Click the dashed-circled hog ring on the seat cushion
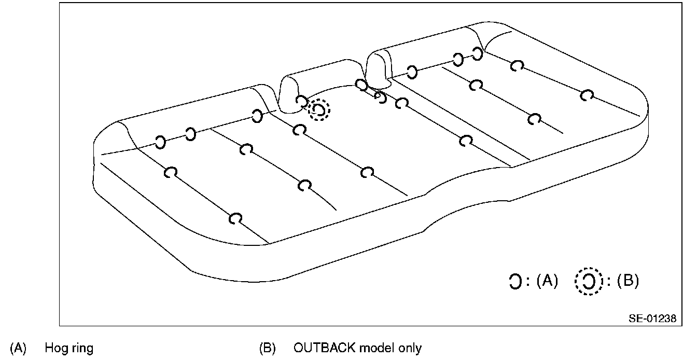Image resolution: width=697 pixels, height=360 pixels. [x=319, y=110]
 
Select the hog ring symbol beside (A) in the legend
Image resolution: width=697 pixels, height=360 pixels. [x=515, y=282]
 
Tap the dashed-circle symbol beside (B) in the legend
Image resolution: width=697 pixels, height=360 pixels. [x=589, y=282]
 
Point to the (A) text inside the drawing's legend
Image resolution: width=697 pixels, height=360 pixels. [x=547, y=282]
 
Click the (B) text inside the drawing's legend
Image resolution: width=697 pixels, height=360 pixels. [x=627, y=282]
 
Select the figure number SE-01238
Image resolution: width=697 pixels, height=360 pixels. [x=652, y=319]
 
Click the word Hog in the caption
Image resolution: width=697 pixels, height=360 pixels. [x=54, y=348]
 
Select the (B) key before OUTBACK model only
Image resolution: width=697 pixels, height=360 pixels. [x=267, y=348]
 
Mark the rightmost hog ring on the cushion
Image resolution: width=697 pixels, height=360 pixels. [x=587, y=95]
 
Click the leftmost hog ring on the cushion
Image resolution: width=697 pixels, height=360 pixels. [x=161, y=142]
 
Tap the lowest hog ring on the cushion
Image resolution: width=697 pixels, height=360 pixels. [x=236, y=218]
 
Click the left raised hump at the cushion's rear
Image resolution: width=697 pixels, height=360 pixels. [x=290, y=93]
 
